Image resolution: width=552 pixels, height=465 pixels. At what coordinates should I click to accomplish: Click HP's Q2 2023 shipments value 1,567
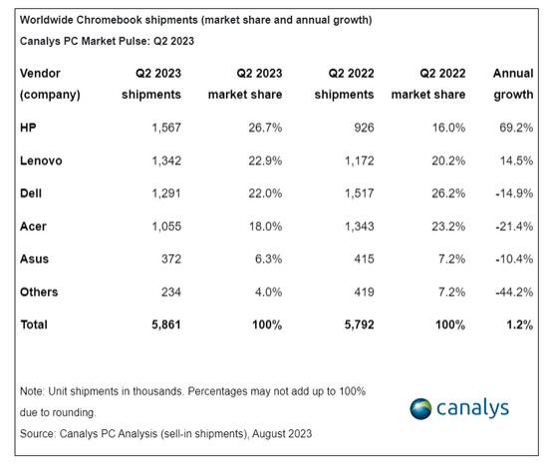[166, 127]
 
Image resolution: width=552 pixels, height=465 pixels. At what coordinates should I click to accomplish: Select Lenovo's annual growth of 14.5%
[516, 160]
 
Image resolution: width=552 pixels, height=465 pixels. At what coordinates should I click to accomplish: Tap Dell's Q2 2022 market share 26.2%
[448, 193]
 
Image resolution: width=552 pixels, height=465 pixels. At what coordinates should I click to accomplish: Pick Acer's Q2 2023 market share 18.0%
[265, 226]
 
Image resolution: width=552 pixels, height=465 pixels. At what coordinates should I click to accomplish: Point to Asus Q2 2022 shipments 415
[364, 259]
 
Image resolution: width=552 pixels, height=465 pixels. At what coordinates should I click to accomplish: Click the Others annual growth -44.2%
[514, 292]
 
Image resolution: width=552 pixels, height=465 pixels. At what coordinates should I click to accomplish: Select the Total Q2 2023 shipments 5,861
[166, 325]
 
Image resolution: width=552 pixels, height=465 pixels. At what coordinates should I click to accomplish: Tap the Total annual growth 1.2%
[519, 325]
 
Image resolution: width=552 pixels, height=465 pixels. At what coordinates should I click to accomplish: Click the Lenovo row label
[41, 160]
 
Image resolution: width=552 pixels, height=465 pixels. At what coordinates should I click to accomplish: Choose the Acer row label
[33, 226]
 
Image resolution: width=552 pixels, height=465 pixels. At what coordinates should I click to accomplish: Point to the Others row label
[39, 292]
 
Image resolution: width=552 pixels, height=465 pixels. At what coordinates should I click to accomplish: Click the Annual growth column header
[513, 84]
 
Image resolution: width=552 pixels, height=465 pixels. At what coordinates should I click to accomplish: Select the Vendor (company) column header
[50, 84]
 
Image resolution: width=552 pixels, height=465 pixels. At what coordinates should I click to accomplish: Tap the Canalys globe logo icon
[420, 408]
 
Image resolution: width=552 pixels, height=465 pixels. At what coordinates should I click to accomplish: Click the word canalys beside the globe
[473, 408]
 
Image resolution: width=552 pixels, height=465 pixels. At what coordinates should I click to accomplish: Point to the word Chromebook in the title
[110, 20]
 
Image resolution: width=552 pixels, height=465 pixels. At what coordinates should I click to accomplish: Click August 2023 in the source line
[282, 434]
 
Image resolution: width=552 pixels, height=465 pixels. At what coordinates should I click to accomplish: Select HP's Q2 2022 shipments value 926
[364, 127]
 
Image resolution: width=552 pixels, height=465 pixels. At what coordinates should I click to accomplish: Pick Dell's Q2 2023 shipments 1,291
[166, 193]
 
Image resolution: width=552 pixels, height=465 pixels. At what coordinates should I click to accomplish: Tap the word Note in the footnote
[32, 391]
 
